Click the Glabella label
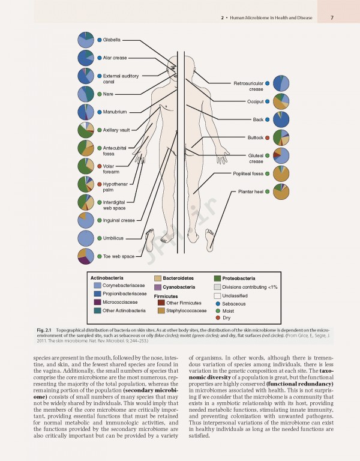(112, 40)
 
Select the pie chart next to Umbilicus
(86, 238)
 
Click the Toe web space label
(119, 256)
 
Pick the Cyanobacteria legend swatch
(158, 287)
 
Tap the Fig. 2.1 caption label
(44, 331)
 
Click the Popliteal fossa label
(248, 173)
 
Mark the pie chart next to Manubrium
(86, 112)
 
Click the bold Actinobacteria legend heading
(106, 279)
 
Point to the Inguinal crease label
(119, 220)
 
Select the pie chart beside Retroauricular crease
(281, 83)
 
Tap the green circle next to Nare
(99, 94)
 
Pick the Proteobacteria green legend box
(218, 279)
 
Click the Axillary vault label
(116, 130)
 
